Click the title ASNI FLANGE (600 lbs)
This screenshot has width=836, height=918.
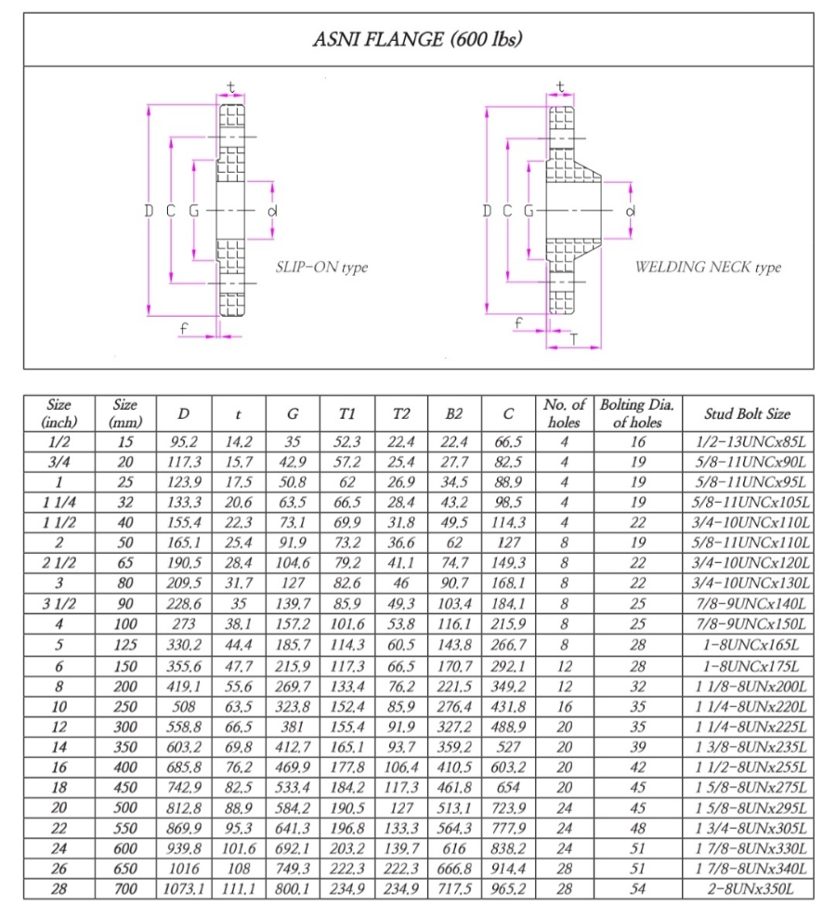[417, 39]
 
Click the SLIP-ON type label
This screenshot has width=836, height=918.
[321, 268]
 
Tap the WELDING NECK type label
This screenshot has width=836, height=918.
[708, 268]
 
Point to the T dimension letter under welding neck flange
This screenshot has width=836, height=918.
[573, 340]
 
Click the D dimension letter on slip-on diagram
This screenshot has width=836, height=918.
[149, 211]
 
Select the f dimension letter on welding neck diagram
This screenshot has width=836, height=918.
[518, 322]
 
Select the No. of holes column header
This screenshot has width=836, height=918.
[564, 413]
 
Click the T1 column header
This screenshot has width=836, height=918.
[347, 413]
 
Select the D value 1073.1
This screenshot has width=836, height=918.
[183, 890]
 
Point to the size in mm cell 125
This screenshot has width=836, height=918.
[124, 645]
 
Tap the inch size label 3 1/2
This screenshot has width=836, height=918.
[59, 605]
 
